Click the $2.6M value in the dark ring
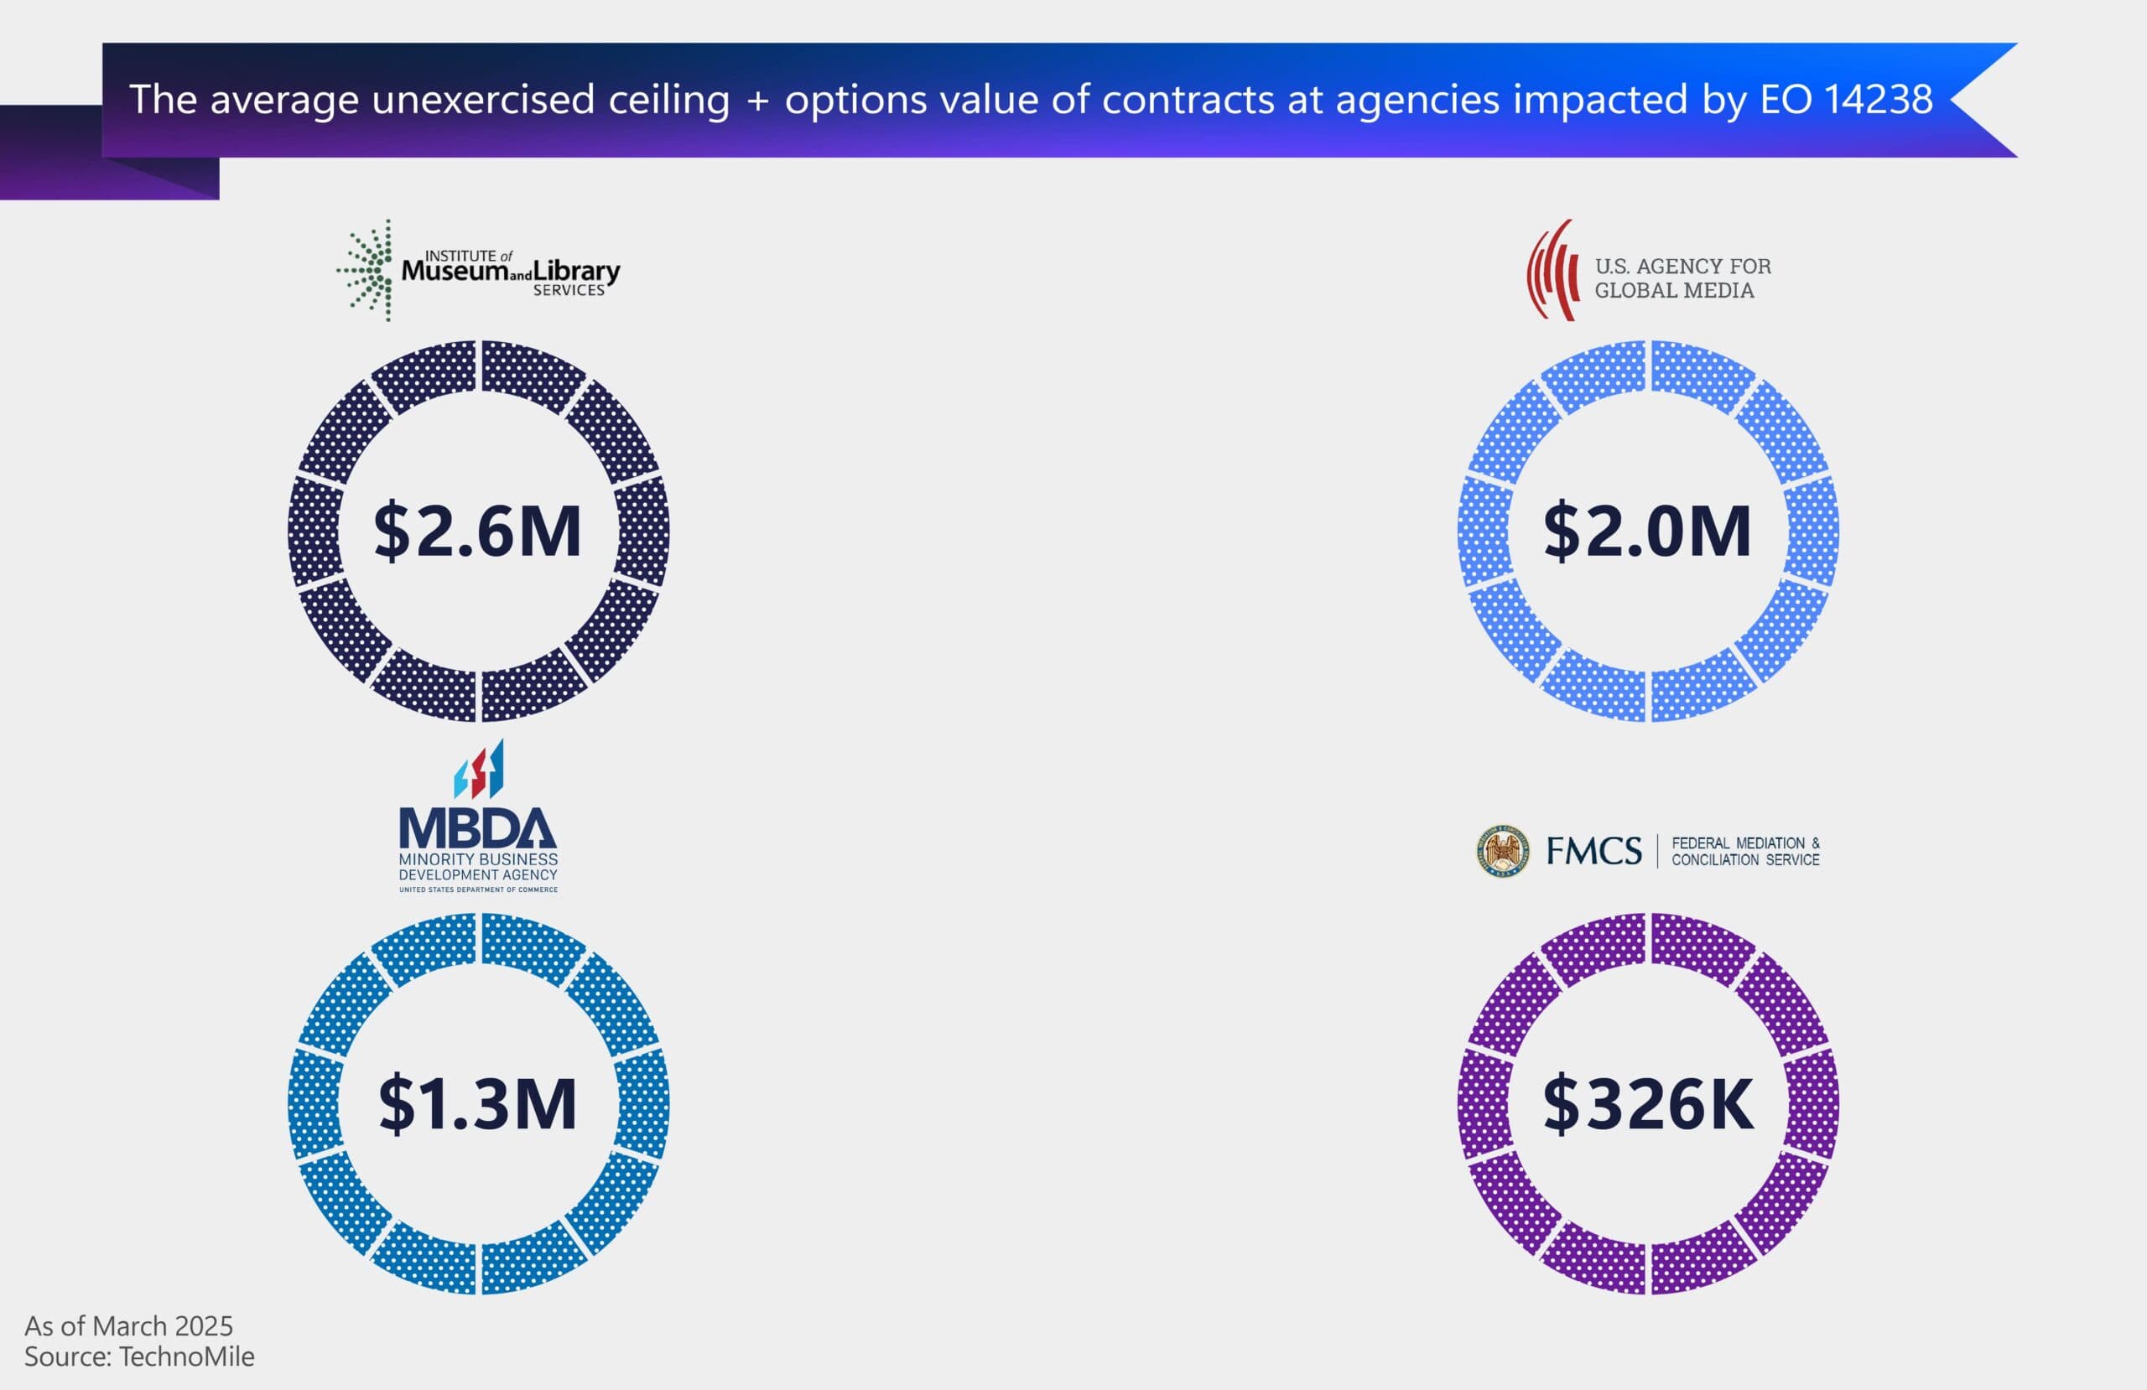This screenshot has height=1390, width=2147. [x=477, y=532]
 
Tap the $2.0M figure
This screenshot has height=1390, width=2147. [x=1647, y=532]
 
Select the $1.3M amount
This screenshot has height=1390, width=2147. [x=477, y=1103]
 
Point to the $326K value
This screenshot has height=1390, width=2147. [x=1648, y=1103]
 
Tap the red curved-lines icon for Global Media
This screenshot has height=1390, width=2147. [x=1552, y=271]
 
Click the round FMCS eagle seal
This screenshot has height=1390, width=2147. [x=1503, y=851]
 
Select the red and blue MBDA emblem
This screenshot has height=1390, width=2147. [x=479, y=770]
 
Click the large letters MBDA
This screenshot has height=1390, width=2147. [x=478, y=828]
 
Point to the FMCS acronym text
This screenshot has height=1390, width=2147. [x=1594, y=852]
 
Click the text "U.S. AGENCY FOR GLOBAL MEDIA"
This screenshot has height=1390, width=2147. [x=1682, y=277]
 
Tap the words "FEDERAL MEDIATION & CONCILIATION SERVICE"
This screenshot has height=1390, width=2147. [x=1744, y=852]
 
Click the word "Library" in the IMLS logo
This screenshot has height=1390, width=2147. [x=575, y=271]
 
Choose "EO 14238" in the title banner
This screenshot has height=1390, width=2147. [x=1846, y=99]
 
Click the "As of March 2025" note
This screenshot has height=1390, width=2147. [x=128, y=1325]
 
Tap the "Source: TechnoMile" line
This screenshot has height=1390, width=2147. [x=139, y=1356]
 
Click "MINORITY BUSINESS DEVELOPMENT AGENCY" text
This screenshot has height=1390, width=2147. [x=478, y=867]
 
